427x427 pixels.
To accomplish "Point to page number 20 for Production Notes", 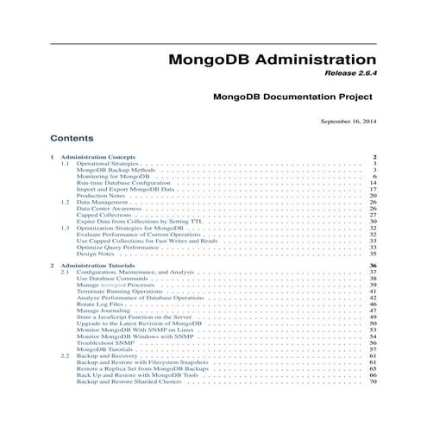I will pyautogui.click(x=374, y=197).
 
